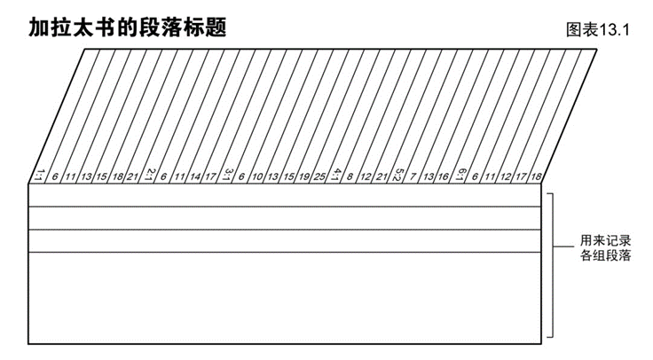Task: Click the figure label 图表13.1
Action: pos(596,29)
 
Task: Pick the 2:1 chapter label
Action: pos(149,176)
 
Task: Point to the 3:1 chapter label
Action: pos(228,176)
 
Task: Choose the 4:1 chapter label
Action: pos(335,176)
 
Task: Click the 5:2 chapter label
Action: pos(398,176)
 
